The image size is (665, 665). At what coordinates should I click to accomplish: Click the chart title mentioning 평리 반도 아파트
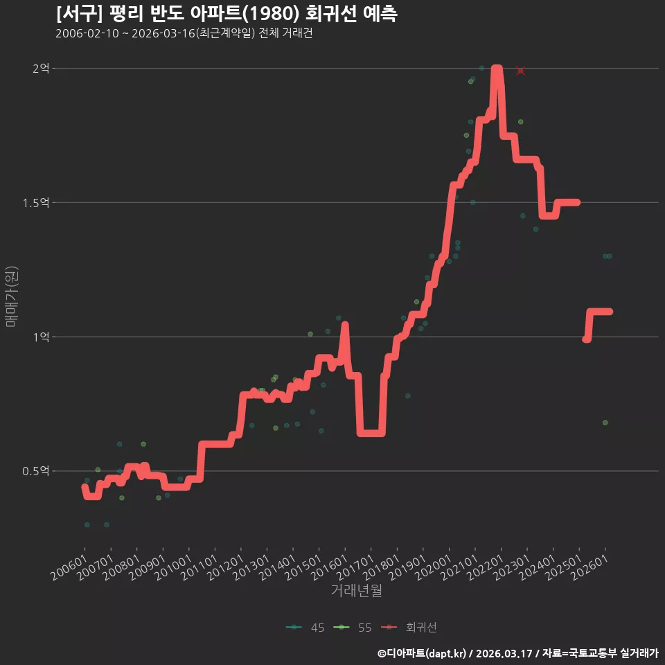pyautogui.click(x=227, y=14)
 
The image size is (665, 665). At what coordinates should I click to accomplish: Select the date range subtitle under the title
pyautogui.click(x=184, y=33)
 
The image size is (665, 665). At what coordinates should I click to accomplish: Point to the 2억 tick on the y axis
pyautogui.click(x=41, y=68)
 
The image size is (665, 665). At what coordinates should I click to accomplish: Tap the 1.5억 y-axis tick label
pyautogui.click(x=36, y=203)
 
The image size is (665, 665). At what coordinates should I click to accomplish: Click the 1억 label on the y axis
pyautogui.click(x=41, y=337)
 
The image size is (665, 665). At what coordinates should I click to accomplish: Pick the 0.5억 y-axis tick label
pyautogui.click(x=36, y=471)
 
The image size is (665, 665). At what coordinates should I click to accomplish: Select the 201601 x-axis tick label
pyautogui.click(x=330, y=567)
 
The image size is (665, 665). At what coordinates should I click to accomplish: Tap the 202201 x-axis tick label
pyautogui.click(x=486, y=567)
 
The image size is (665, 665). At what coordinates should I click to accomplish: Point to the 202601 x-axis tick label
pyautogui.click(x=590, y=567)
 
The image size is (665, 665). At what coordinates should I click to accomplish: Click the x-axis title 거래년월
pyautogui.click(x=356, y=590)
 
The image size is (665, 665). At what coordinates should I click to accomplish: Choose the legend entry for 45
pyautogui.click(x=305, y=628)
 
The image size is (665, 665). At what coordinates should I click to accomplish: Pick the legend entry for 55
pyautogui.click(x=353, y=628)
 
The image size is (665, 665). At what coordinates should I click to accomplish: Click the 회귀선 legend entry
pyautogui.click(x=409, y=628)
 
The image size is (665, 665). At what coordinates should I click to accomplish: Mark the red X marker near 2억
pyautogui.click(x=521, y=71)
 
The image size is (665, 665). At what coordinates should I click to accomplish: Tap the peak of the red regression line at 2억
pyautogui.click(x=497, y=68)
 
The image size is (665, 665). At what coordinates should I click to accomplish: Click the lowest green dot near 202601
pyautogui.click(x=605, y=423)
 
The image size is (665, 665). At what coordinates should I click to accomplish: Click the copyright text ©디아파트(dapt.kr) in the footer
pyautogui.click(x=422, y=653)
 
